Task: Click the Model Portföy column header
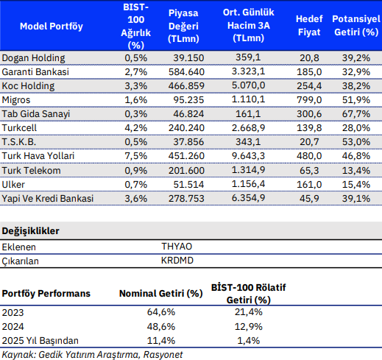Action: point(52,27)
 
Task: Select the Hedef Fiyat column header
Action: point(309,26)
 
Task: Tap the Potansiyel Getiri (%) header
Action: point(356,26)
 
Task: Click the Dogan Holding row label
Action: point(33,58)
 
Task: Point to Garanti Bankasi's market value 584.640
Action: point(186,72)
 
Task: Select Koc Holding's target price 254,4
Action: point(309,86)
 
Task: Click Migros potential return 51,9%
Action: point(356,100)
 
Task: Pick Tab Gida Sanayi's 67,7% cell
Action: point(356,114)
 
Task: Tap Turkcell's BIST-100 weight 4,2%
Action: point(135,128)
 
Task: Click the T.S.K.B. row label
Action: point(19,142)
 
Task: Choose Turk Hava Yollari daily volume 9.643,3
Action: point(248,155)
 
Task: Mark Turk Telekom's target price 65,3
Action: point(309,170)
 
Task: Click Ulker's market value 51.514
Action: point(188,184)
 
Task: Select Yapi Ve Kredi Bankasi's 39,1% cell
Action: point(356,198)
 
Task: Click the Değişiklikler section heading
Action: point(31,231)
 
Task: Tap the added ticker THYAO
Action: point(177,247)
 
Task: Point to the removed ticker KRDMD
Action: point(177,261)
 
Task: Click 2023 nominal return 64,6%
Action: point(161,312)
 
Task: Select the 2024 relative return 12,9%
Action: point(248,326)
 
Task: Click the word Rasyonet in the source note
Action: point(163,355)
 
